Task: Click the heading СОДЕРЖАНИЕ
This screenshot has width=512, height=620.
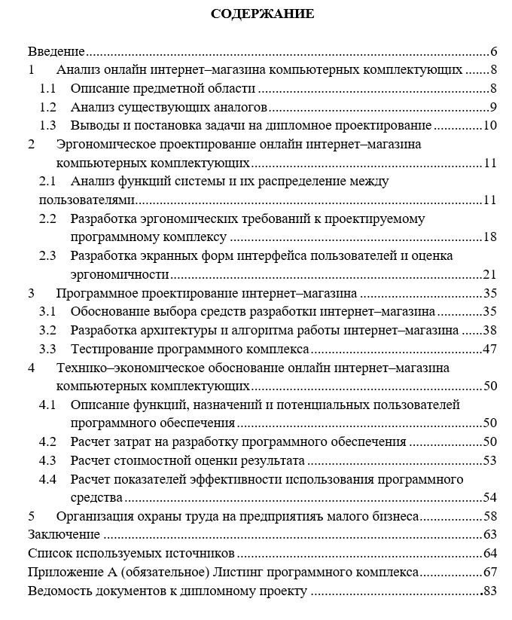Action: (x=262, y=14)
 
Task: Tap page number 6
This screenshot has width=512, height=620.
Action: (x=494, y=52)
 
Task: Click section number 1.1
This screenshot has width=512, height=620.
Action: (x=48, y=89)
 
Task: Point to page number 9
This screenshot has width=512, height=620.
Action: (x=492, y=107)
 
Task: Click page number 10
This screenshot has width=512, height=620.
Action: (x=490, y=125)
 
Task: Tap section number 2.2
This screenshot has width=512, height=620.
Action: (x=48, y=218)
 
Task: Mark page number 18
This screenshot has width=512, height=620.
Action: (x=490, y=237)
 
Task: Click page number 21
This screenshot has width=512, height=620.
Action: (x=490, y=274)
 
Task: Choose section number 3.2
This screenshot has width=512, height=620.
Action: (x=48, y=330)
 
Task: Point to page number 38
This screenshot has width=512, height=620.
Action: (x=490, y=330)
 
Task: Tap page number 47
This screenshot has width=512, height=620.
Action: (x=490, y=349)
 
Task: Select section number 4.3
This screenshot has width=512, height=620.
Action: (x=48, y=460)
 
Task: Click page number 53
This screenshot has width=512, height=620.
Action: (x=490, y=460)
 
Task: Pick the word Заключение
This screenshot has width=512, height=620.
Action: (x=64, y=535)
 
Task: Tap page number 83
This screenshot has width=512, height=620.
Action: (x=490, y=591)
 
